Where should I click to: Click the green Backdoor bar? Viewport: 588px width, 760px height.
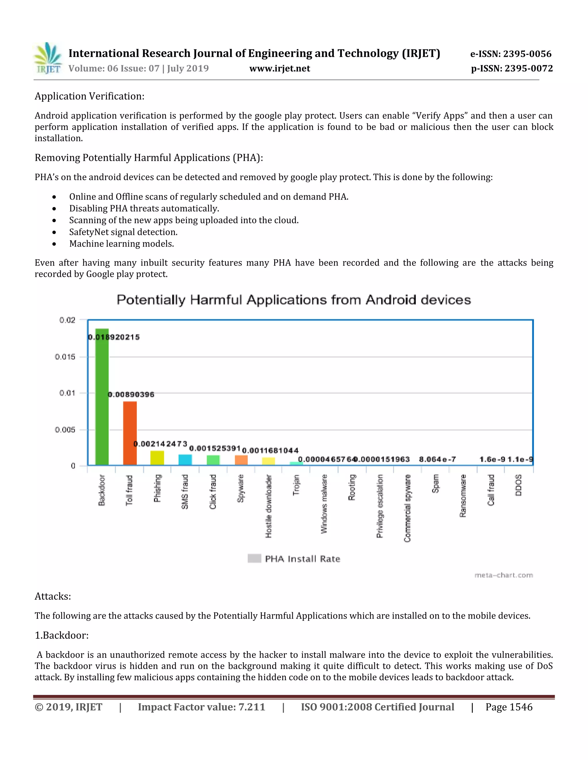[102, 397]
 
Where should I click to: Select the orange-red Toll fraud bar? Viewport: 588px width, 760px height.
[130, 433]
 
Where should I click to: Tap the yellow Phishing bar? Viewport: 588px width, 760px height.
[157, 458]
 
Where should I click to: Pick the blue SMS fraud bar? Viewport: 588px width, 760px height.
[185, 460]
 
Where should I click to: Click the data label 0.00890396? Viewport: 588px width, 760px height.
[131, 394]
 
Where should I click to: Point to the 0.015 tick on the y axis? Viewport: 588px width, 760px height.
[65, 357]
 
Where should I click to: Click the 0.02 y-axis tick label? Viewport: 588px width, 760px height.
[67, 320]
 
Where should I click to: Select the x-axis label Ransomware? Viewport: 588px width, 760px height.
[463, 496]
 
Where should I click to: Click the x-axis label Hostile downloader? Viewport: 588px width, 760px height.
[268, 506]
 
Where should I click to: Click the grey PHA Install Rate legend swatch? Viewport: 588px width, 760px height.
[254, 558]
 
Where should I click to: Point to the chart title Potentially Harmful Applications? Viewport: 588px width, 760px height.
[294, 300]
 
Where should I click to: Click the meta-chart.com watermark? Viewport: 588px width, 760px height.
[503, 575]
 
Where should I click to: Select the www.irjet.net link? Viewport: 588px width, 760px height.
[280, 68]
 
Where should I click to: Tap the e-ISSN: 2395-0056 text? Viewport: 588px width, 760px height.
[511, 54]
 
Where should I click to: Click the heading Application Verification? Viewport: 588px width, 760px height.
[90, 96]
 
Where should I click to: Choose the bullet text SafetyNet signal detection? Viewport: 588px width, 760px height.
[123, 232]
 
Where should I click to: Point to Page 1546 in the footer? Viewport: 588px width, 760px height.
[509, 707]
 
